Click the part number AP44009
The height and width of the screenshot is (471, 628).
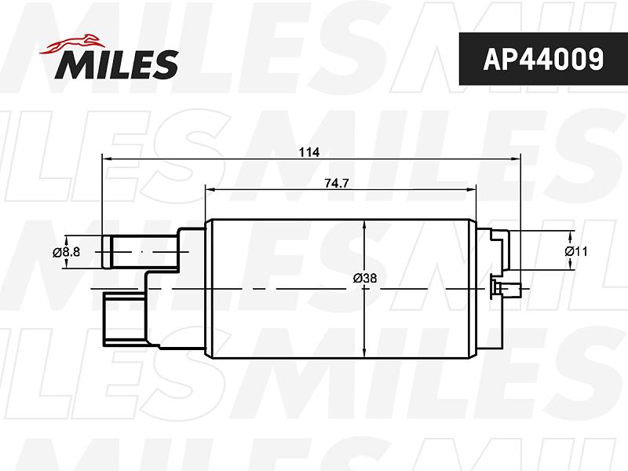pos(543,60)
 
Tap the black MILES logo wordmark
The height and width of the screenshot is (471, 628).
pos(116,64)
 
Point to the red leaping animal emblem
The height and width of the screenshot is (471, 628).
pos(72,44)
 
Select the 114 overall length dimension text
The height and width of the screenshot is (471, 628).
pos(309,152)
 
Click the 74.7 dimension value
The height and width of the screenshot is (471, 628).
pos(337,184)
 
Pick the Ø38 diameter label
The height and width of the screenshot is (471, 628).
pos(365,278)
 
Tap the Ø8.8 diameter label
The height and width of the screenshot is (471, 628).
pos(66,252)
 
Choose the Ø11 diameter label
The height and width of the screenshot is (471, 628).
pos(576,251)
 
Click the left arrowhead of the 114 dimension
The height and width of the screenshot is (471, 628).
pos(107,159)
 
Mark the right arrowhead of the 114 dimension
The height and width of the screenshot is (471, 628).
pos(516,159)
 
